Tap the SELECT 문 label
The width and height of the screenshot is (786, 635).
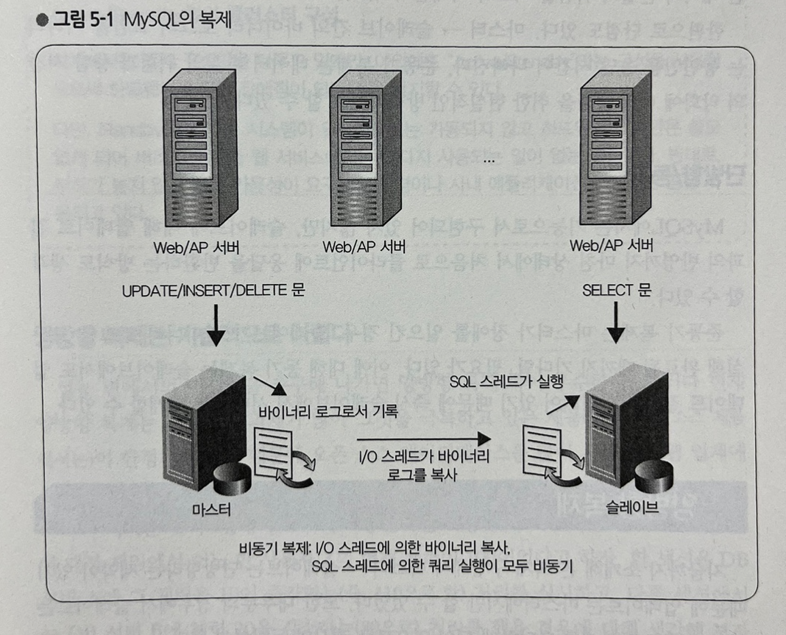617,291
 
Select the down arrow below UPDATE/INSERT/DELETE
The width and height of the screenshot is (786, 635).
215,326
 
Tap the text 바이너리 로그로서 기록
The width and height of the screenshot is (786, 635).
329,411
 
